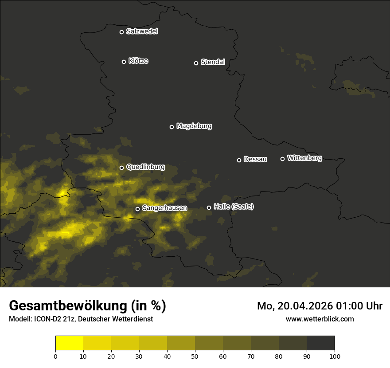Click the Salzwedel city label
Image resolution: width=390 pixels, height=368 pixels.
(x=142, y=31)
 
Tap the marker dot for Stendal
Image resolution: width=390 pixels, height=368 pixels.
(x=196, y=63)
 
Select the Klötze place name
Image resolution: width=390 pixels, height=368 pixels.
(x=138, y=61)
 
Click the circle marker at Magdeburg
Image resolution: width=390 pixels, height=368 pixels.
(x=172, y=127)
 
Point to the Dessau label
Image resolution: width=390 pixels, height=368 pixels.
(x=255, y=160)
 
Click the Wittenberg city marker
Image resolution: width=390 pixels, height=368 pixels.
(x=282, y=159)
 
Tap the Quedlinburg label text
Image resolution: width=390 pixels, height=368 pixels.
(x=145, y=167)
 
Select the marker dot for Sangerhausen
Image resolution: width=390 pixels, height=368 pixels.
(x=137, y=209)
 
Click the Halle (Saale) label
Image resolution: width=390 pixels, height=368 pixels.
(x=234, y=207)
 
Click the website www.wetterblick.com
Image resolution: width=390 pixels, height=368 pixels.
(x=320, y=319)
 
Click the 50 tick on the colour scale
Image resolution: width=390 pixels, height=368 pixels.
(x=195, y=356)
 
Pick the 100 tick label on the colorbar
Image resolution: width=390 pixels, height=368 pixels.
(x=335, y=356)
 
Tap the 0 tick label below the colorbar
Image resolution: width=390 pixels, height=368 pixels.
(x=55, y=356)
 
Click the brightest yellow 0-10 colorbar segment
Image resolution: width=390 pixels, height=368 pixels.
(x=70, y=343)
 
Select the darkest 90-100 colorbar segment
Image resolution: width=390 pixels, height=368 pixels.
(x=320, y=343)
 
